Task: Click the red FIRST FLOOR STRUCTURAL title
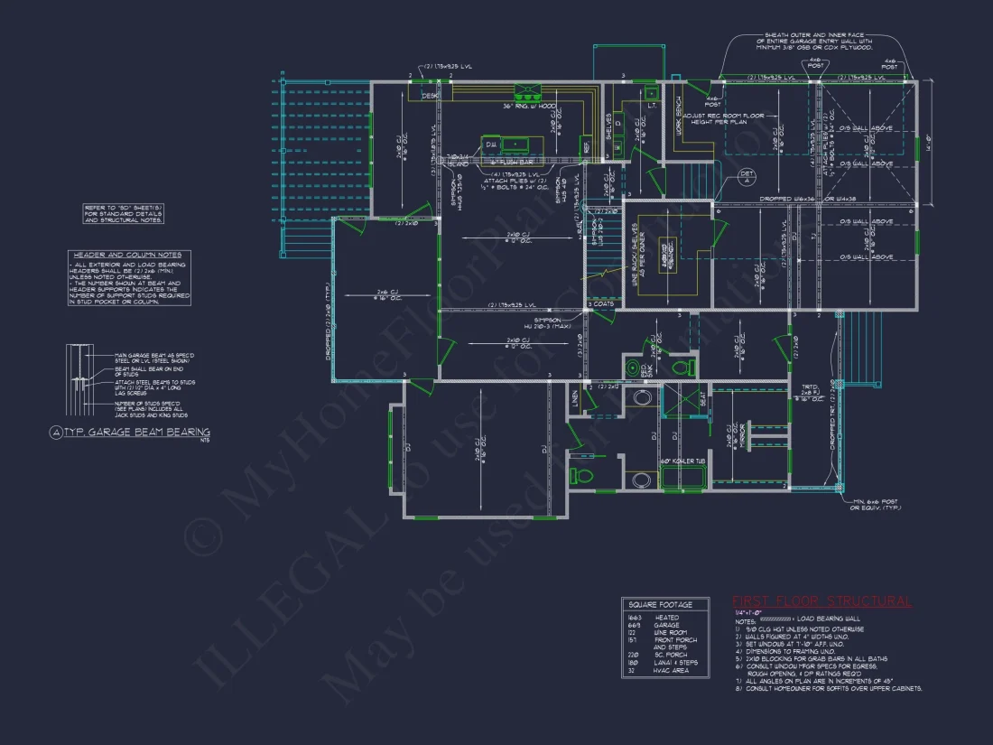point(821,601)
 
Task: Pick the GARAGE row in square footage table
point(667,624)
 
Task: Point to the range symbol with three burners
point(526,90)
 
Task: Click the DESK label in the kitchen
point(430,95)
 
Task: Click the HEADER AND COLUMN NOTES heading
point(127,256)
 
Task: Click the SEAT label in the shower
point(702,397)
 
